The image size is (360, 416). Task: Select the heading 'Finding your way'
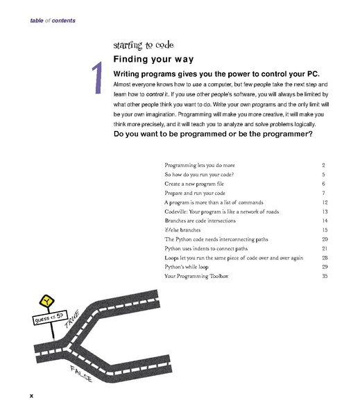(x=153, y=60)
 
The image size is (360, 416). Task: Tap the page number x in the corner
(x=31, y=395)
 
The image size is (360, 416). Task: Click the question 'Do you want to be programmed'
(x=212, y=135)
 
